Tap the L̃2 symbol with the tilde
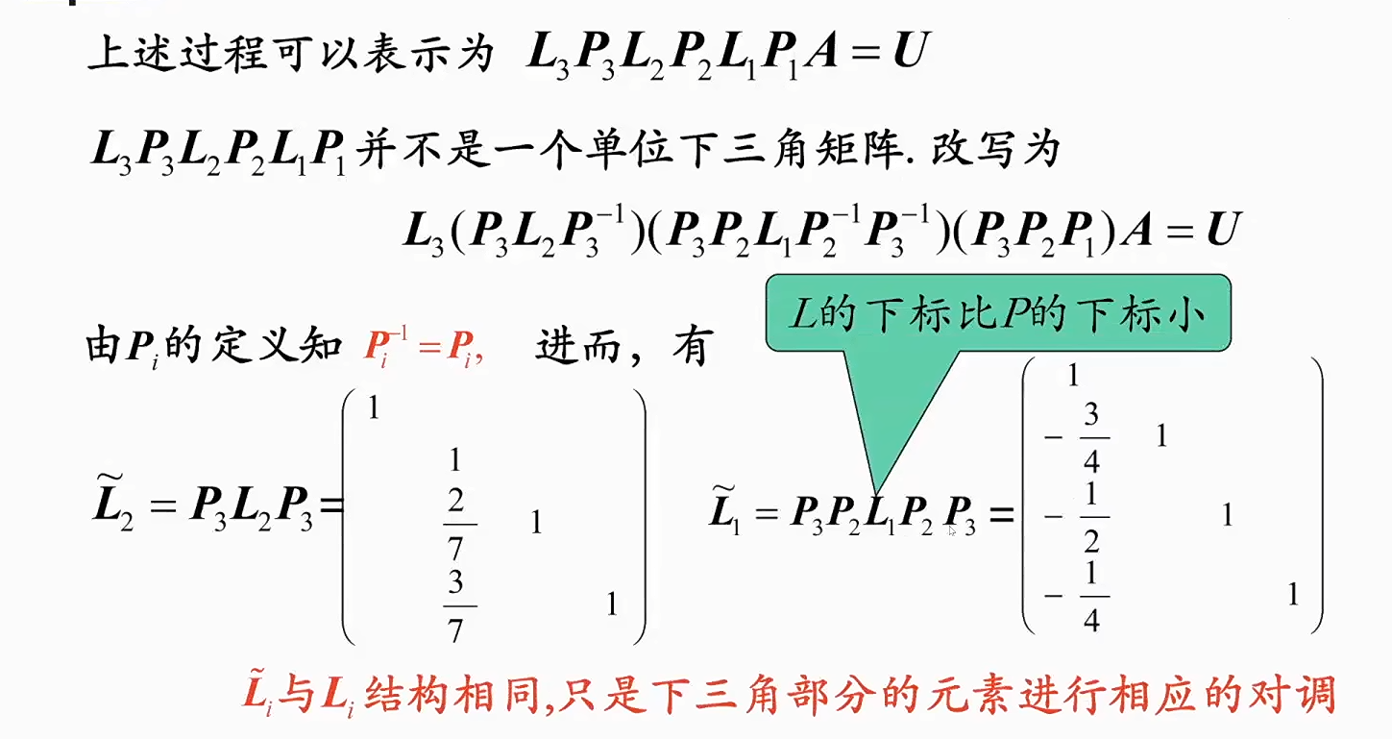point(112,507)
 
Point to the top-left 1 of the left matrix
point(374,408)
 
